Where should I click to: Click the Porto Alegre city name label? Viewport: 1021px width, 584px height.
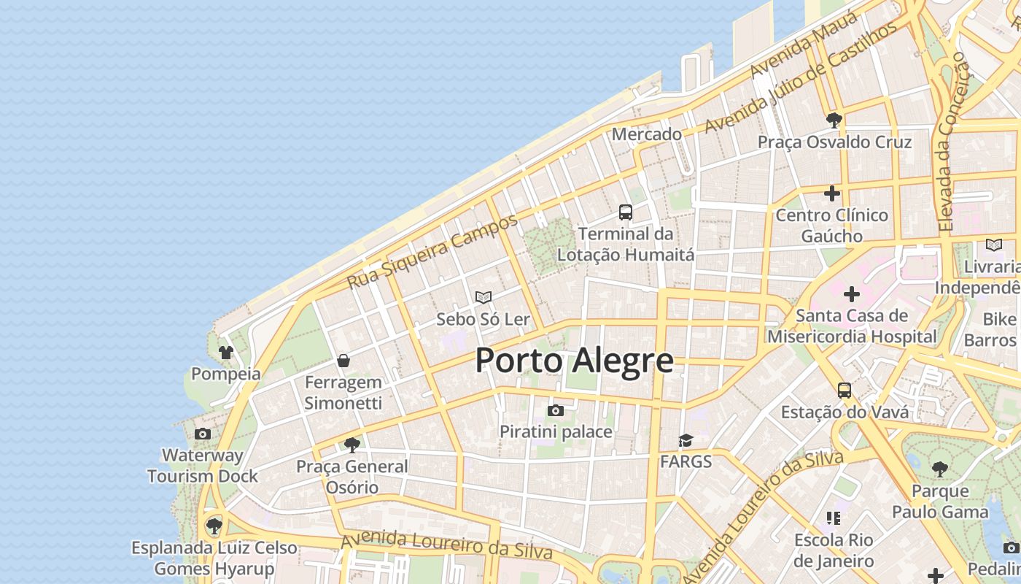(574, 361)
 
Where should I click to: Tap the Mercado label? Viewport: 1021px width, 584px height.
(647, 134)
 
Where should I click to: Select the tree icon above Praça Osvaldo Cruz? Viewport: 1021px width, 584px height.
(834, 120)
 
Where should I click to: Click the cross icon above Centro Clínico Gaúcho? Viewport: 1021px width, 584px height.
(832, 193)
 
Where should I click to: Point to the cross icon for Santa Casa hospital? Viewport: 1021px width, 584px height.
(851, 294)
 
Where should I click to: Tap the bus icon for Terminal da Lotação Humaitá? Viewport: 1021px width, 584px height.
(626, 212)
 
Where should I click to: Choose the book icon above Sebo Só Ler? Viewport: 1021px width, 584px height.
(483, 297)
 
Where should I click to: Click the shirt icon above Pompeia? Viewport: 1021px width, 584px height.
(225, 353)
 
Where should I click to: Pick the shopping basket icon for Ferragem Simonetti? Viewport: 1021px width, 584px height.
(343, 361)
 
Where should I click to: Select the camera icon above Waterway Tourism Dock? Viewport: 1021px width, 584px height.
(203, 434)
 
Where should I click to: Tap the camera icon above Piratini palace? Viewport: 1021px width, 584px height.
(556, 410)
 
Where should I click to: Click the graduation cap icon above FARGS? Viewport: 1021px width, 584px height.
(686, 439)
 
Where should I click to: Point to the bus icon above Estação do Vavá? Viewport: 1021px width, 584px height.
(845, 391)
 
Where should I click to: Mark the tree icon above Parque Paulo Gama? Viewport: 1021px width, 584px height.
(940, 469)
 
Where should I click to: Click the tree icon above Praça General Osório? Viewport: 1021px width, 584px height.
(352, 445)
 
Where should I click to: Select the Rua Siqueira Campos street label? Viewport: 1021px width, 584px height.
(432, 251)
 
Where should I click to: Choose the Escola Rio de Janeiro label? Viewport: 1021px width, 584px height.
(834, 550)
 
